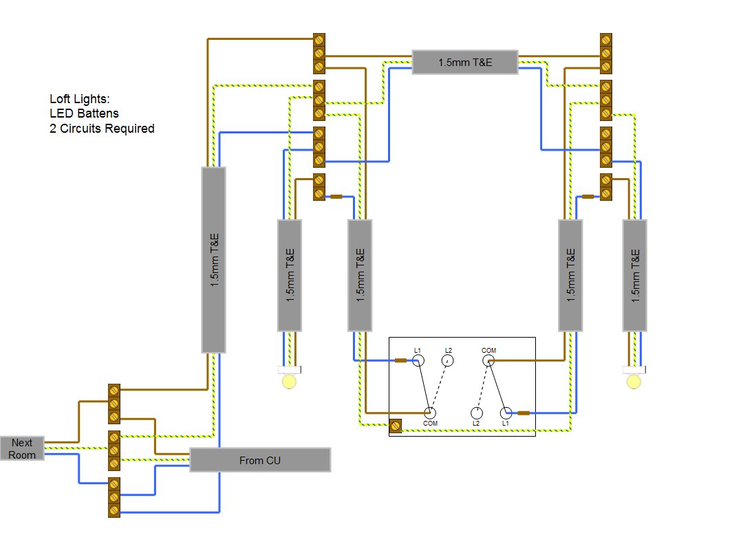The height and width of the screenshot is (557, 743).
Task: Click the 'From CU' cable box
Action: tap(259, 460)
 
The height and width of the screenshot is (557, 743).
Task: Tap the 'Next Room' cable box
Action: tap(22, 448)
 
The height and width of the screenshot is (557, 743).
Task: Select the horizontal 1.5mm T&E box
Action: tap(465, 62)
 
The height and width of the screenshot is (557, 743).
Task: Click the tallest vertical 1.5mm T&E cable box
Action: tap(213, 260)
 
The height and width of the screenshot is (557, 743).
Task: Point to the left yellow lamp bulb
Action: tap(290, 380)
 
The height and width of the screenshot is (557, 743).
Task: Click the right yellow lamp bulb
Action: tap(634, 380)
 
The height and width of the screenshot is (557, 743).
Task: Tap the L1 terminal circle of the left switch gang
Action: tap(418, 360)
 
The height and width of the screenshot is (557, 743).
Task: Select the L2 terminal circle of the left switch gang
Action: tap(448, 360)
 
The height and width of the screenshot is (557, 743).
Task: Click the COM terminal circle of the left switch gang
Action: tap(430, 413)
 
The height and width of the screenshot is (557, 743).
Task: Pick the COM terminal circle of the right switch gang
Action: tap(488, 360)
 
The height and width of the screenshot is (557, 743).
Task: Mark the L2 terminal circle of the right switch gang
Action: tap(476, 413)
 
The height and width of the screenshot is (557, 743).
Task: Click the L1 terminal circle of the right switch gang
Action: tap(506, 413)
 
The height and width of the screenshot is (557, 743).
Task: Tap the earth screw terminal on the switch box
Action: tap(396, 426)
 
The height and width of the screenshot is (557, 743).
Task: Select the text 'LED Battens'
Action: tap(84, 113)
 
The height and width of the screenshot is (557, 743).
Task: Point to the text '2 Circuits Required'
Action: tap(102, 129)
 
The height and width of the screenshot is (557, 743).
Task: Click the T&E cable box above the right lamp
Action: tap(634, 275)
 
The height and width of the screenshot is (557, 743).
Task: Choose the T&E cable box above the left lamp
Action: tap(289, 275)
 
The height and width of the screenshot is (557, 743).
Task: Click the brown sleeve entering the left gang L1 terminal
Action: tap(401, 360)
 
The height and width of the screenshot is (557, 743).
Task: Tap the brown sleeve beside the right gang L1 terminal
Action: tap(523, 413)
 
